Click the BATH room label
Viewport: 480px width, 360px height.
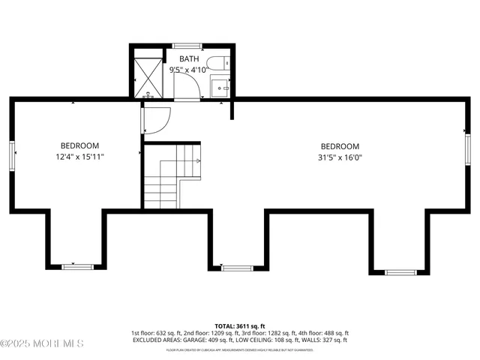(189, 59)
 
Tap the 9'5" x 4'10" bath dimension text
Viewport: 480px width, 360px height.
(189, 70)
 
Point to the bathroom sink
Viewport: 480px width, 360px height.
(220, 87)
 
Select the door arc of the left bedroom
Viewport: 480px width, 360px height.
(157, 120)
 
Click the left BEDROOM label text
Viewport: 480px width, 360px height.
(79, 145)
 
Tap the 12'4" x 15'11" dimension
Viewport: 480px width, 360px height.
(79, 157)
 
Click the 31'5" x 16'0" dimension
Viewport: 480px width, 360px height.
(340, 157)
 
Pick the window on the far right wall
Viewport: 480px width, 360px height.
(466, 145)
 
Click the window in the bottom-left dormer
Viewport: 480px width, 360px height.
(77, 266)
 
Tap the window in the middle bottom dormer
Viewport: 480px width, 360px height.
(237, 267)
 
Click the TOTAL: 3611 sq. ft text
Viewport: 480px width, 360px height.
(240, 326)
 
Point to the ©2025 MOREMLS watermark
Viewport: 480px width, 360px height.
(42, 343)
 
